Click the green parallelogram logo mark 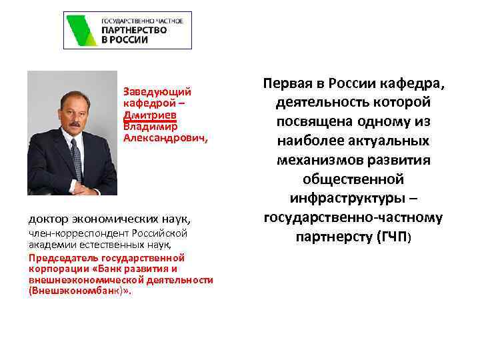82,30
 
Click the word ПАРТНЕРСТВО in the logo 133,30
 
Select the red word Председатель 64,257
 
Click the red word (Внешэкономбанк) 81,291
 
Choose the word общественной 353,179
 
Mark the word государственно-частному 353,217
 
